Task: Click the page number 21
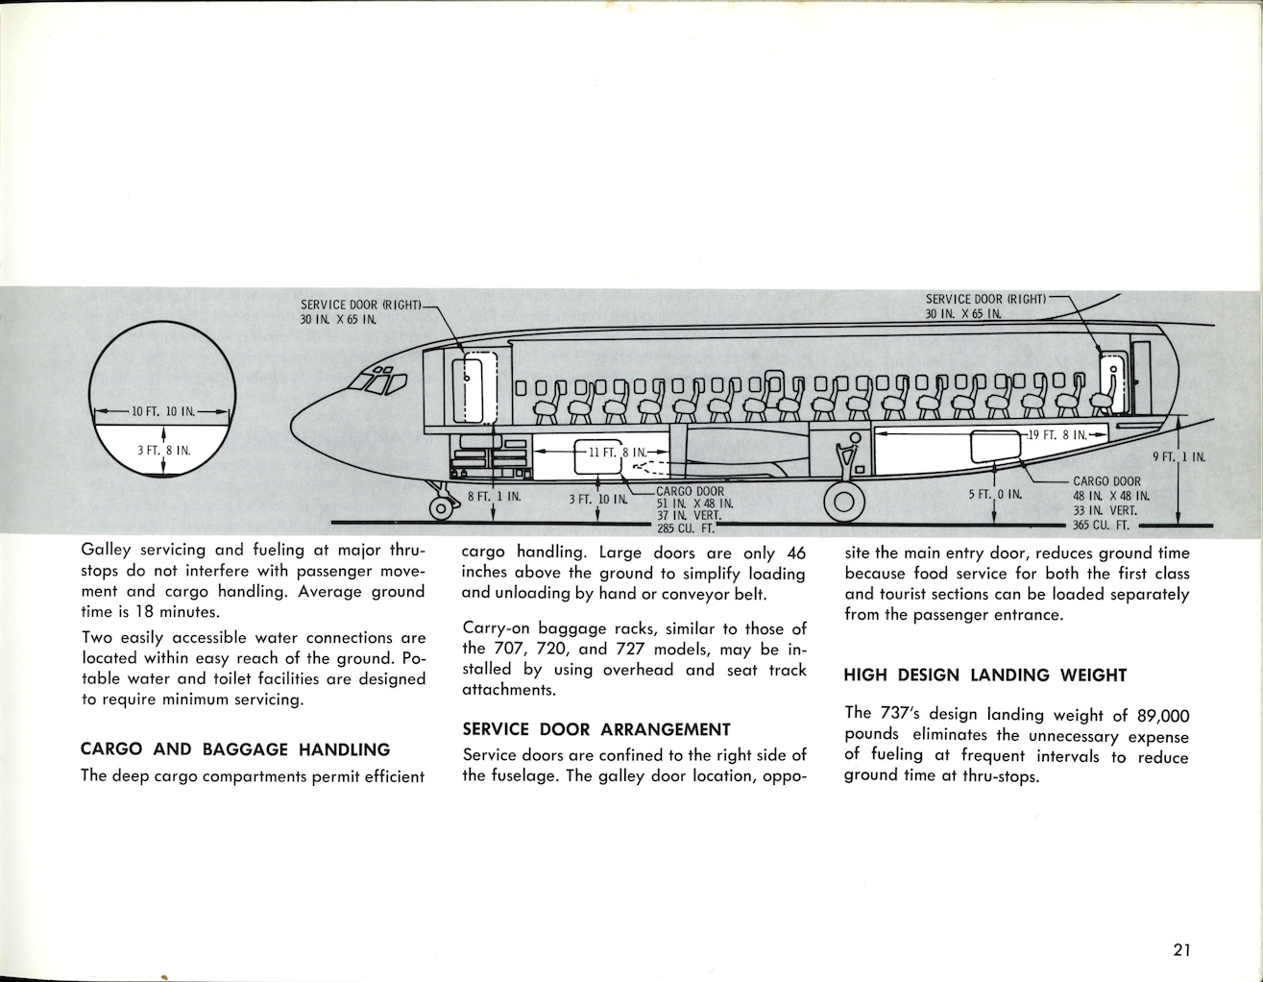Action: click(x=1181, y=951)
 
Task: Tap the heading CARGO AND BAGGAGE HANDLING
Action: click(x=235, y=749)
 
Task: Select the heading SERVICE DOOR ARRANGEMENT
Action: click(x=596, y=729)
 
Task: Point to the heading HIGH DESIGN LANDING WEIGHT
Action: click(x=984, y=675)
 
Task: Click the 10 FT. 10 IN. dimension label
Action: click(x=163, y=412)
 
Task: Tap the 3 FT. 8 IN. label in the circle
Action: click(x=163, y=450)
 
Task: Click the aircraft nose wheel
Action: click(x=442, y=507)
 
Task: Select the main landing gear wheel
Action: click(x=843, y=500)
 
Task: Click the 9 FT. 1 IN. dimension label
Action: click(x=1178, y=457)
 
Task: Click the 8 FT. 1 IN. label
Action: click(x=494, y=497)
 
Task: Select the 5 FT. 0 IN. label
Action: click(x=995, y=495)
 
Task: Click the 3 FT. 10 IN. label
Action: click(x=598, y=498)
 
